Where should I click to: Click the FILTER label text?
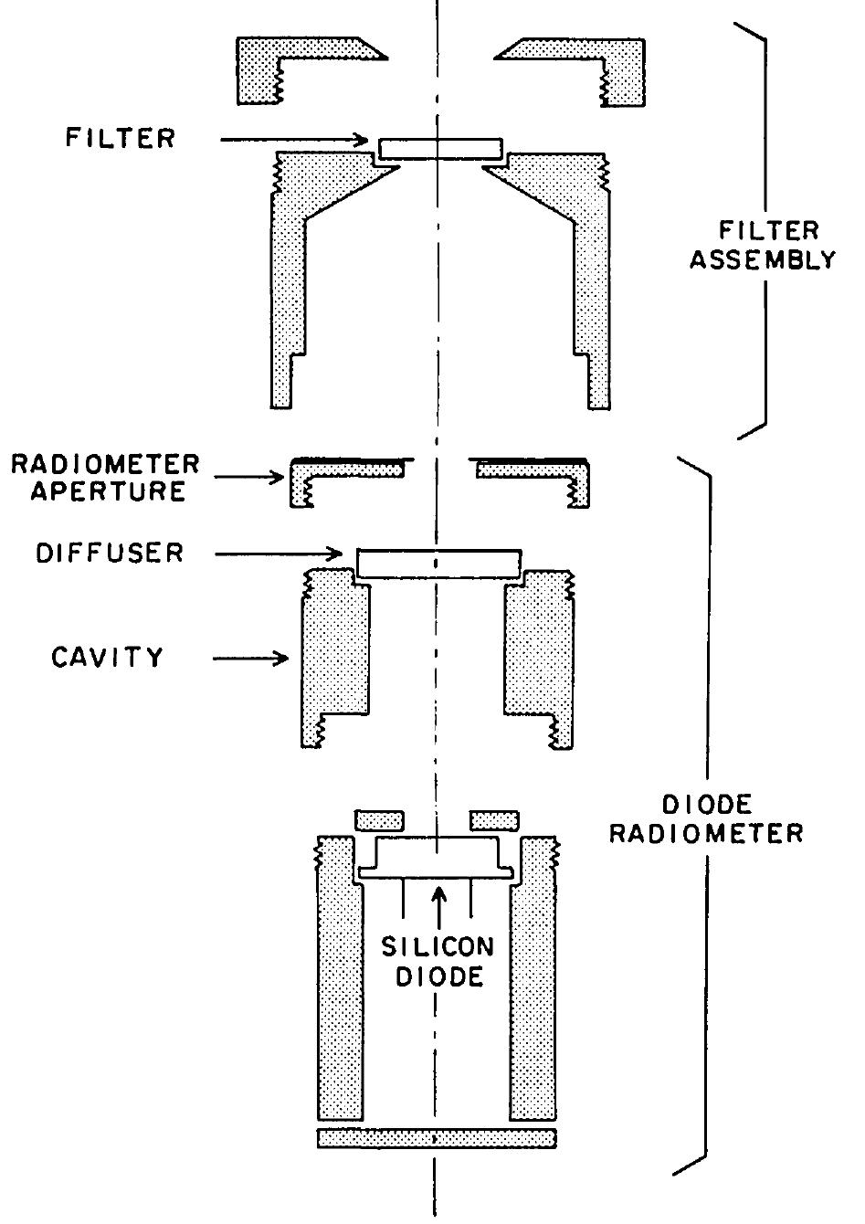tap(120, 139)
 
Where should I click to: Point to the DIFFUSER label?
tap(110, 553)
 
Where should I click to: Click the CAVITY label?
tap(108, 657)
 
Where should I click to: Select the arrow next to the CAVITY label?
tap(251, 657)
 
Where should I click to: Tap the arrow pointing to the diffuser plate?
tap(283, 553)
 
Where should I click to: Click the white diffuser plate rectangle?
tap(438, 563)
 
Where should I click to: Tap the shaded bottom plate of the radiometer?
tap(437, 1138)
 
